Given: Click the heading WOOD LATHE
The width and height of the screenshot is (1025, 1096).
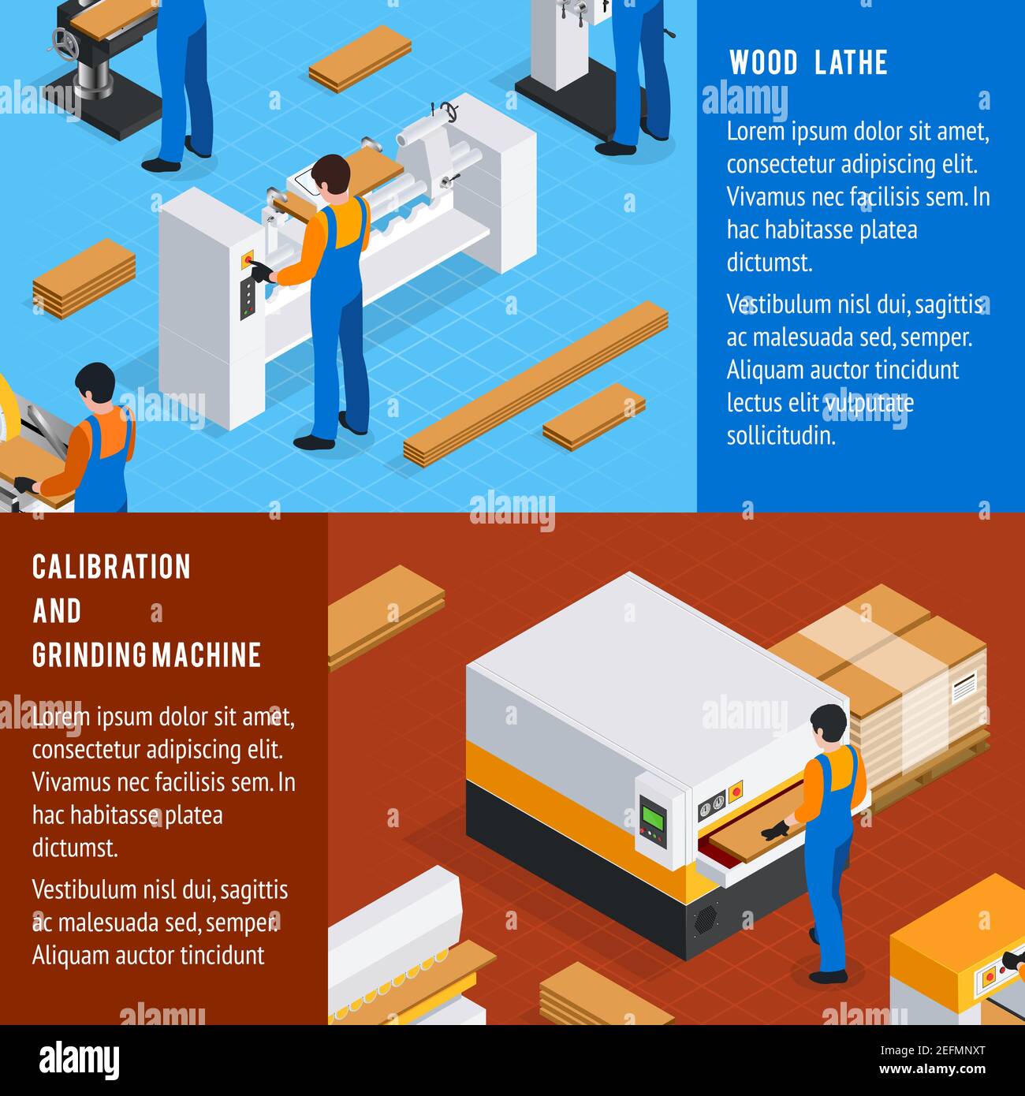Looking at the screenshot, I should (808, 62).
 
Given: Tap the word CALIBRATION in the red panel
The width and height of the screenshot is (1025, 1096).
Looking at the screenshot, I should (111, 567).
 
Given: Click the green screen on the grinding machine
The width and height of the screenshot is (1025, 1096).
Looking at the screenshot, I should (652, 817).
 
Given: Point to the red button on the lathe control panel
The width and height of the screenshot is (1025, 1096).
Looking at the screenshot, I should (249, 258).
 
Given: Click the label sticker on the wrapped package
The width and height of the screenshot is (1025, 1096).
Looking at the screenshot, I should (964, 688).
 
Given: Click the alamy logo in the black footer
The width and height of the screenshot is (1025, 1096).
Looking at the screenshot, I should (79, 1061).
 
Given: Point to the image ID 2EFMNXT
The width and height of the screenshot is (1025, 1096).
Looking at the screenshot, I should (947, 1050).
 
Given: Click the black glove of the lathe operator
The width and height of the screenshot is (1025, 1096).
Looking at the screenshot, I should (261, 273).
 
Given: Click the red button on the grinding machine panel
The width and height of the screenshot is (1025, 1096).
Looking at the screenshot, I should (736, 789).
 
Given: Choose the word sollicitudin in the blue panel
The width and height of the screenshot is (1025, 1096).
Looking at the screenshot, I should (781, 435).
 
